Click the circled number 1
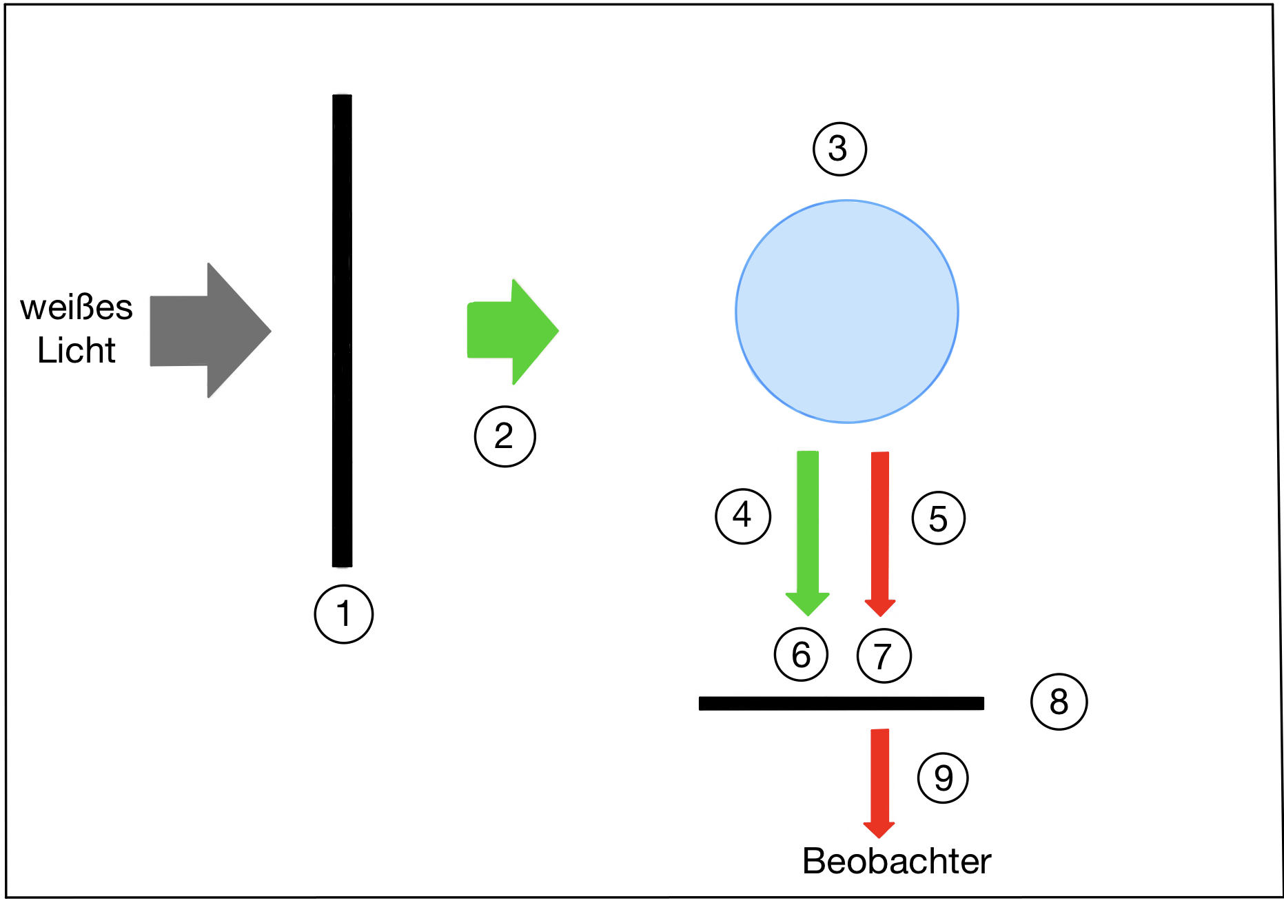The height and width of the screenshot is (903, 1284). (x=343, y=614)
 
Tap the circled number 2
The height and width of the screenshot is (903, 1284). (x=505, y=436)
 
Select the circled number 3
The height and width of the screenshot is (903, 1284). (x=839, y=149)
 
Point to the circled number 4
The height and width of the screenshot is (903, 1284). (x=743, y=516)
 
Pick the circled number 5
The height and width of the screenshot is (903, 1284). (x=938, y=518)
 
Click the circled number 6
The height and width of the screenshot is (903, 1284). (x=801, y=655)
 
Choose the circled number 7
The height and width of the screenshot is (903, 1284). (x=884, y=656)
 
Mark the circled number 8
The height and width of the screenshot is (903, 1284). (x=1059, y=702)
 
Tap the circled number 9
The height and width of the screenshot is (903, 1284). (x=943, y=778)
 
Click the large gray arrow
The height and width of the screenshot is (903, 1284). (x=210, y=330)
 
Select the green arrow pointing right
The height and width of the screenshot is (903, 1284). (x=513, y=332)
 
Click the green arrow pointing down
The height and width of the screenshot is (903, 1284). (x=808, y=533)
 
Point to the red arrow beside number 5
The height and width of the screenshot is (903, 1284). (x=880, y=534)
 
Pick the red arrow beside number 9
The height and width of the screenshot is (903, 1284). (x=879, y=783)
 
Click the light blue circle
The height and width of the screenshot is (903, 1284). (x=847, y=312)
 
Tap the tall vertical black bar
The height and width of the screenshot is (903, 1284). (x=342, y=331)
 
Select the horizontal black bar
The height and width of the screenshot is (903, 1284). (x=842, y=703)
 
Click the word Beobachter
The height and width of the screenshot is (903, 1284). (x=897, y=861)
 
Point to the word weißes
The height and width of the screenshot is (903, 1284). (x=77, y=307)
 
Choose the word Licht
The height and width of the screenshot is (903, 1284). (x=77, y=350)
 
